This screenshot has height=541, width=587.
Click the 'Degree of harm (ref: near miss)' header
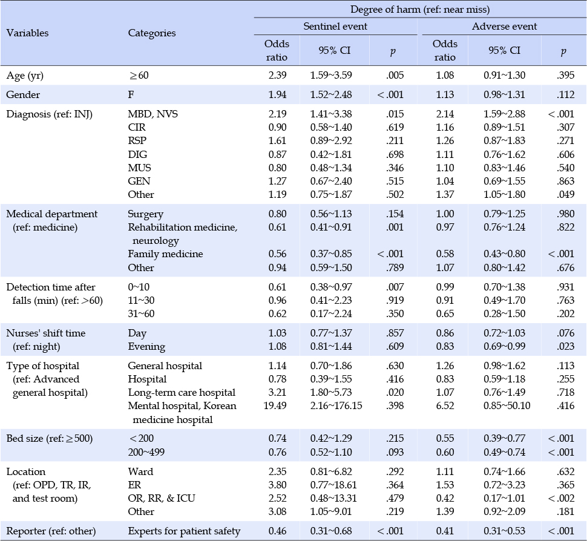click(x=420, y=9)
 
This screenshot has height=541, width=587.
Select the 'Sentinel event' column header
click(x=335, y=26)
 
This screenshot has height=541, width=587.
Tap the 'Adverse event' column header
click(x=504, y=26)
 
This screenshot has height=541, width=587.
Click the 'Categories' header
click(x=152, y=33)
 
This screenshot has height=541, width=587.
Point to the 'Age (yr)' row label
click(x=25, y=76)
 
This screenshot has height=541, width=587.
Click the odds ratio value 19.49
click(x=275, y=405)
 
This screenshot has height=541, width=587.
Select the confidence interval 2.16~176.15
click(x=336, y=405)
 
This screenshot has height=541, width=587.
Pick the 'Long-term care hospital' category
click(x=182, y=392)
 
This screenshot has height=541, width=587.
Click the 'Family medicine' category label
click(x=165, y=254)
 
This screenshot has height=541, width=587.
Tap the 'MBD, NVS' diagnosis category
click(x=152, y=114)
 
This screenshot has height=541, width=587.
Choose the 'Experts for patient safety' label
click(x=184, y=531)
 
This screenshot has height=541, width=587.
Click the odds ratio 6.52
click(x=445, y=405)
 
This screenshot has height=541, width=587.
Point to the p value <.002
click(x=561, y=498)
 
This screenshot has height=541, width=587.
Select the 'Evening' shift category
click(x=146, y=347)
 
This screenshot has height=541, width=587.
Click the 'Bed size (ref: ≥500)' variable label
click(x=50, y=438)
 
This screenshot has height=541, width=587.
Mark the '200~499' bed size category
click(x=146, y=452)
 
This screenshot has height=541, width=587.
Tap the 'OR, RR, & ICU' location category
click(x=162, y=498)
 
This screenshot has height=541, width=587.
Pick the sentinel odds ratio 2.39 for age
click(x=277, y=75)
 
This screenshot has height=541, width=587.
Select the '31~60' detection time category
click(x=141, y=313)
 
